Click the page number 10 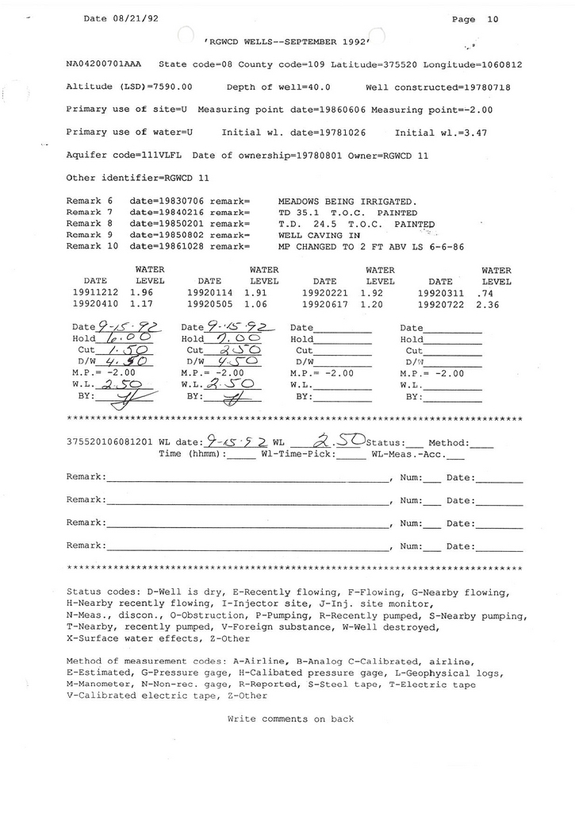click(493, 19)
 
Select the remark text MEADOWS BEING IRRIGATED click(347, 202)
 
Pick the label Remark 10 click(92, 247)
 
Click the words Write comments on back click(290, 719)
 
